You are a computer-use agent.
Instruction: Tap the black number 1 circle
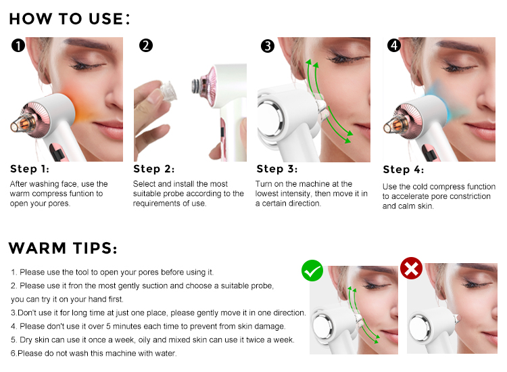point(18,46)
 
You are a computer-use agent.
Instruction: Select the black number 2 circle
point(145,45)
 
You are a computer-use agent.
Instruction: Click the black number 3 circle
point(268,46)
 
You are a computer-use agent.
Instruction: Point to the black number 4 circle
point(394,46)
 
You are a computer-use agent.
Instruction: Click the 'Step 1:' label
point(30,169)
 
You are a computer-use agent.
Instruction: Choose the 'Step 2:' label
point(154,169)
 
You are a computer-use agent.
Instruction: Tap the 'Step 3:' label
point(276,169)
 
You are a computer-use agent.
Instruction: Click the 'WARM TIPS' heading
point(63,248)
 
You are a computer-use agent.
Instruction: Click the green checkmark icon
point(312,271)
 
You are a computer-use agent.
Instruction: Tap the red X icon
point(411,269)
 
